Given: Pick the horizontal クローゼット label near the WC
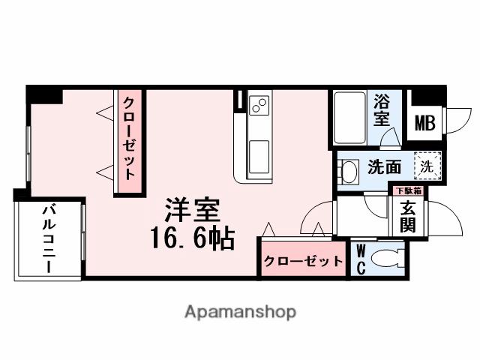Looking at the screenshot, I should [303, 262].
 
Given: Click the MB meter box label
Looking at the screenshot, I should [424, 123].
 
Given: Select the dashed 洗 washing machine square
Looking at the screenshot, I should [426, 166].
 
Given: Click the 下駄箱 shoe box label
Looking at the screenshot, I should [409, 190].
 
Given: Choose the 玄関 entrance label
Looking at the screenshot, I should [409, 216].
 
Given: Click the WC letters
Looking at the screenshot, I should [360, 259].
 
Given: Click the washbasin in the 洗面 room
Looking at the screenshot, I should [348, 171].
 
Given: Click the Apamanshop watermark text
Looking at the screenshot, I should [240, 310].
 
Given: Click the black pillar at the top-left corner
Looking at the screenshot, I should [45, 95].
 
